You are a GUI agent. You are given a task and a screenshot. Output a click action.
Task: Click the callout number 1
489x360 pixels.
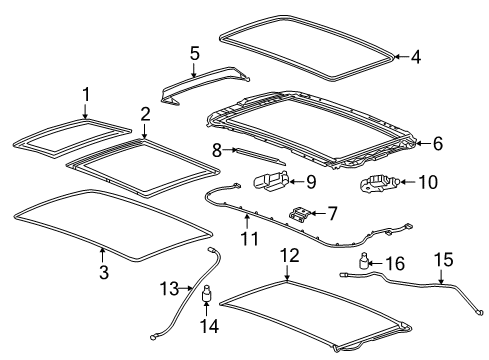(85, 96)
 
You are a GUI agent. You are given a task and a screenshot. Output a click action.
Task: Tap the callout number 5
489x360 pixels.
(194, 54)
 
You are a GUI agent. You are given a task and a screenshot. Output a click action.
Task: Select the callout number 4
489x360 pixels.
(415, 57)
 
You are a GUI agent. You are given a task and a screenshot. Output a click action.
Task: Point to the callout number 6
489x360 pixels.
(437, 144)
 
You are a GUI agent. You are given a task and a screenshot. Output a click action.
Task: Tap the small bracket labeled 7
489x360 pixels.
(296, 213)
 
